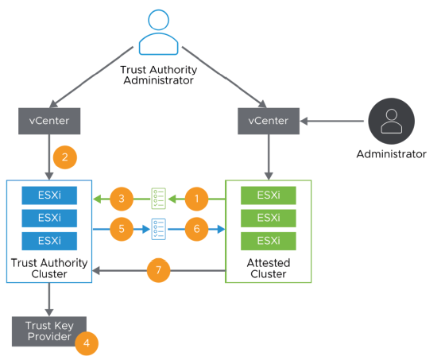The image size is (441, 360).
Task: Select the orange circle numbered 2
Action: click(x=64, y=157)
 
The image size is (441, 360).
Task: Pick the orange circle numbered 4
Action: click(x=87, y=343)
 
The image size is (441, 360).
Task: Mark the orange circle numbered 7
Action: click(x=160, y=271)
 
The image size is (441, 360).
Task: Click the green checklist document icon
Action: click(x=159, y=198)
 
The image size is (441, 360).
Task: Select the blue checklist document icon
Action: click(x=159, y=230)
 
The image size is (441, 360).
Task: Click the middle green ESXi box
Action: click(x=269, y=218)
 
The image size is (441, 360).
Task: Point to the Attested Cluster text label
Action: click(x=268, y=269)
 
